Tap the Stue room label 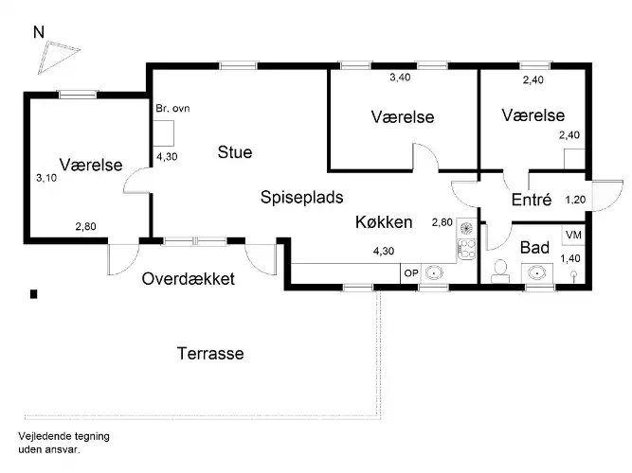pyautogui.click(x=235, y=151)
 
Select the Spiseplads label pyautogui.click(x=301, y=197)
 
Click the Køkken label pyautogui.click(x=384, y=222)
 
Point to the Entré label pyautogui.click(x=531, y=201)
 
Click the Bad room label pyautogui.click(x=534, y=248)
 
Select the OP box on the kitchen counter pyautogui.click(x=411, y=273)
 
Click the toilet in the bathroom pyautogui.click(x=500, y=272)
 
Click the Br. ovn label pyautogui.click(x=172, y=109)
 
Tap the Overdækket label pyautogui.click(x=189, y=280)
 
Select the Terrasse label pyautogui.click(x=210, y=354)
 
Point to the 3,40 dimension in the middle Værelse pyautogui.click(x=402, y=79)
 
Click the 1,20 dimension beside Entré pyautogui.click(x=575, y=200)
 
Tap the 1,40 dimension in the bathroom pyautogui.click(x=570, y=258)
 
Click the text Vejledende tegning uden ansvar pyautogui.click(x=63, y=442)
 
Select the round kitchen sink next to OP pyautogui.click(x=436, y=273)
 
